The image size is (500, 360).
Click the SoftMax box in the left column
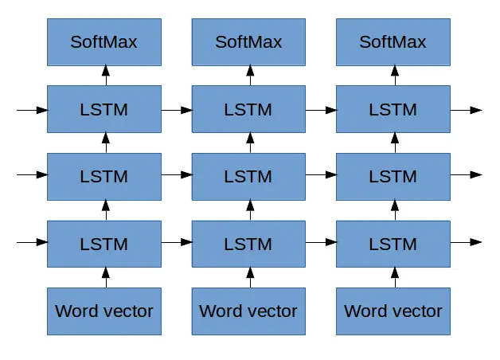[104, 42]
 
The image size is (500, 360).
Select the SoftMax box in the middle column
[248, 42]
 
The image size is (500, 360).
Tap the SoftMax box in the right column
[393, 42]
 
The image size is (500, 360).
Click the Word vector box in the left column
[104, 311]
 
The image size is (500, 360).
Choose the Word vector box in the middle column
[248, 311]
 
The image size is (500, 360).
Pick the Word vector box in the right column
[393, 311]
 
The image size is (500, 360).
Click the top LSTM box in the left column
[104, 109]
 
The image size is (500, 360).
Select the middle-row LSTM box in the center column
[248, 176]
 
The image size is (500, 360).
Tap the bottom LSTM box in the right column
[393, 243]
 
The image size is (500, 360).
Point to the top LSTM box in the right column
[393, 109]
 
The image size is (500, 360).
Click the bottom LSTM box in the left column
[104, 243]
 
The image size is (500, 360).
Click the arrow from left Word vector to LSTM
[105, 277]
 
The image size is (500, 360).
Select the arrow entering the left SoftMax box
[105, 76]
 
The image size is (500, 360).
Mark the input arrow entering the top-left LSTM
[32, 109]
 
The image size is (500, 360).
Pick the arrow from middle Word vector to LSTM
[249, 277]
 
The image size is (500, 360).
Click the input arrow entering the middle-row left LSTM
[32, 175]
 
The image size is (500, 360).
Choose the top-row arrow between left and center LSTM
[177, 109]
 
